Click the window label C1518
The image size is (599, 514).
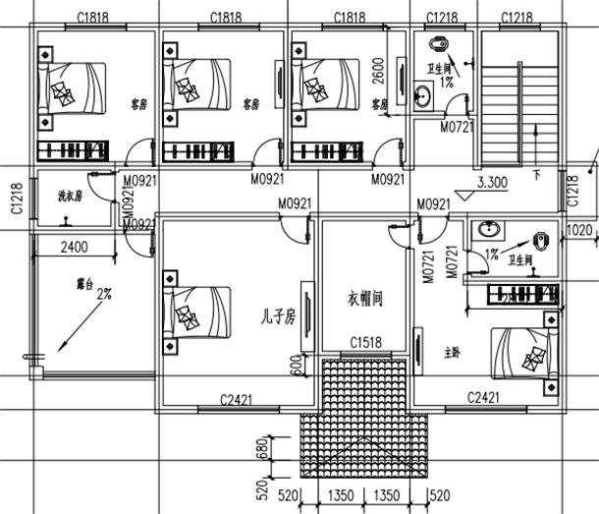pyautogui.click(x=366, y=343)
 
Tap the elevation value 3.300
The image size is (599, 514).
pyautogui.click(x=491, y=182)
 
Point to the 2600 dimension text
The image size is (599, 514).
pyautogui.click(x=379, y=72)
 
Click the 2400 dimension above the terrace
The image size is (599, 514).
pyautogui.click(x=74, y=247)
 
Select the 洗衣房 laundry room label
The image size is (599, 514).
pyautogui.click(x=70, y=196)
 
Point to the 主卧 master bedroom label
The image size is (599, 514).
pyautogui.click(x=453, y=349)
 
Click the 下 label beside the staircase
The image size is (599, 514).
pyautogui.click(x=536, y=176)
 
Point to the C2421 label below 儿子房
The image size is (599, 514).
pyautogui.click(x=238, y=397)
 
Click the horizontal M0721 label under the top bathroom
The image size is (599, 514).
pyautogui.click(x=457, y=127)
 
